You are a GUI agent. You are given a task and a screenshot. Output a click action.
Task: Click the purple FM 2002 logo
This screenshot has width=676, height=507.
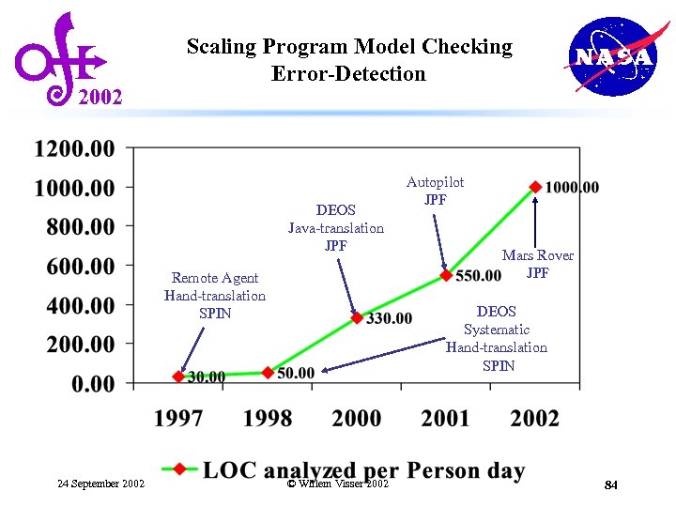tap(63, 59)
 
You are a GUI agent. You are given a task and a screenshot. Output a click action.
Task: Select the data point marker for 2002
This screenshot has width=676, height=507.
tap(535, 187)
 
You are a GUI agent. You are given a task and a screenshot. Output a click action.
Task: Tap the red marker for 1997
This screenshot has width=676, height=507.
tap(178, 376)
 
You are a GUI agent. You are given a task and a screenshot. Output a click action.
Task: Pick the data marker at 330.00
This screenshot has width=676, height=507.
tap(357, 318)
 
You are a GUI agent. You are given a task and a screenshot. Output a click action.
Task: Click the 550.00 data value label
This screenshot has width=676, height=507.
tap(478, 276)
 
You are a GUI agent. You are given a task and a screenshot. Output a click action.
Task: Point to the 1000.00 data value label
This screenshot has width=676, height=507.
tap(572, 188)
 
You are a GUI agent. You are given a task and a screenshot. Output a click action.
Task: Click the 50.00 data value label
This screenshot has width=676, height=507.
tap(296, 374)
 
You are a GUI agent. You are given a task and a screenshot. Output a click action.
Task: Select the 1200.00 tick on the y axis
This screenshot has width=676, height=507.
tap(75, 148)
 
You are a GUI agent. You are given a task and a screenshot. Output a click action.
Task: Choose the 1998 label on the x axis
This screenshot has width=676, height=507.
tap(268, 418)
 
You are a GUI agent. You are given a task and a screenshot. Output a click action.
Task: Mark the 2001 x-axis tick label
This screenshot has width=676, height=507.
tap(446, 418)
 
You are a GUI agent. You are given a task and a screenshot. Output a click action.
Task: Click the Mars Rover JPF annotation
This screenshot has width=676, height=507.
tap(537, 264)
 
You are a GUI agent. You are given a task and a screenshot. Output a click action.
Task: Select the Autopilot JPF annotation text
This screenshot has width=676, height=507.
tap(435, 191)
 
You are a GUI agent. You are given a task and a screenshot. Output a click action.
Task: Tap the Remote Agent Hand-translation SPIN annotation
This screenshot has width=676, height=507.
tap(215, 295)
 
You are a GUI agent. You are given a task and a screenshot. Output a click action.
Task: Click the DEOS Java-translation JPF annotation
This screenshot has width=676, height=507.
tap(335, 228)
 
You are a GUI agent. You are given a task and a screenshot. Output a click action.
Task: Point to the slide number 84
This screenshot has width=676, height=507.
tap(610, 484)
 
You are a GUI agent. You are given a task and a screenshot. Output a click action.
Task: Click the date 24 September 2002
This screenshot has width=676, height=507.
tap(100, 484)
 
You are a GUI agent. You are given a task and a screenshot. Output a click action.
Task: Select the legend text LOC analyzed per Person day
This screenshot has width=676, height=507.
tap(363, 470)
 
